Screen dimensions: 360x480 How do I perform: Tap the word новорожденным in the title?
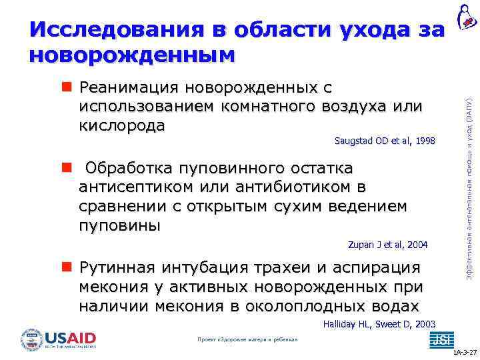132,55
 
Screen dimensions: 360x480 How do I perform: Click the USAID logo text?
70,337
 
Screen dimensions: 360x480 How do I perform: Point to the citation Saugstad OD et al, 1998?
384,141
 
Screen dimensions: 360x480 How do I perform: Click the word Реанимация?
128,89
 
